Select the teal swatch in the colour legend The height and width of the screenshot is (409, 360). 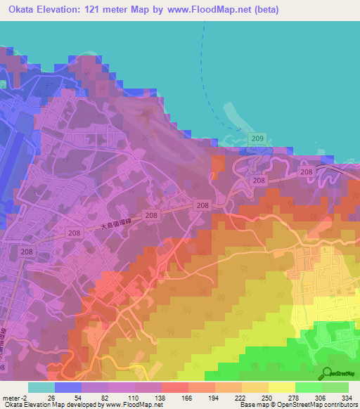[41, 387]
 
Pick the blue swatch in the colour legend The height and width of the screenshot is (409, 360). [68, 387]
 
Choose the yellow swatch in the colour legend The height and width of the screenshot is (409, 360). [282, 387]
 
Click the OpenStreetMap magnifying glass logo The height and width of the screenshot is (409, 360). [328, 372]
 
